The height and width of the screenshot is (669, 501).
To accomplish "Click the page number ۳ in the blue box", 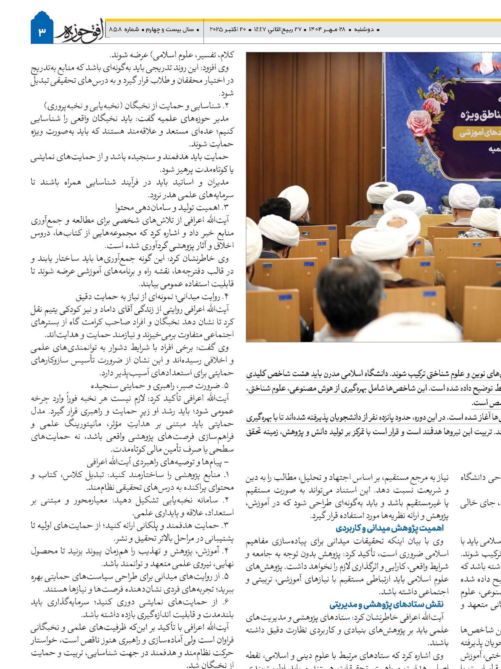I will click(42, 32).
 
